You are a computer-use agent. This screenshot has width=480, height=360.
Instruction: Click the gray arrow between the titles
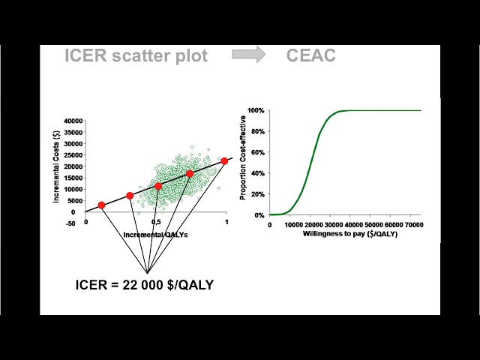(x=247, y=55)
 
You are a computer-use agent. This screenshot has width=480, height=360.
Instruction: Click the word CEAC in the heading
(x=310, y=55)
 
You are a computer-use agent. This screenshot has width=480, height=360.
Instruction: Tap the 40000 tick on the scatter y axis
(x=73, y=121)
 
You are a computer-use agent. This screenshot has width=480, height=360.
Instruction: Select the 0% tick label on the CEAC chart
(x=259, y=215)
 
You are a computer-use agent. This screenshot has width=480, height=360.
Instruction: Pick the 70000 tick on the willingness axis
(x=408, y=224)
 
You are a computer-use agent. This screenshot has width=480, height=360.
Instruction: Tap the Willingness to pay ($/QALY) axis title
(x=350, y=234)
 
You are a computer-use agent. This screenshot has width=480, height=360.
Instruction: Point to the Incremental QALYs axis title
(x=154, y=234)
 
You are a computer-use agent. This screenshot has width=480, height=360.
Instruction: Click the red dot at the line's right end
(x=224, y=161)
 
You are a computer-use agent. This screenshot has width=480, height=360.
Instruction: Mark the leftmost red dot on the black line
(x=101, y=205)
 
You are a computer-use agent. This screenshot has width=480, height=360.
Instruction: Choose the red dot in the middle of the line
(x=158, y=186)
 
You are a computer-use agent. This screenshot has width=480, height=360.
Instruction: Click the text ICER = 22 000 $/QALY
(x=144, y=285)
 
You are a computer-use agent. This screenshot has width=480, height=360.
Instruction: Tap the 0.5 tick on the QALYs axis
(x=156, y=223)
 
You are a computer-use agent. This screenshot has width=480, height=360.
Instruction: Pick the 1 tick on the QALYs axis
(x=226, y=223)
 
